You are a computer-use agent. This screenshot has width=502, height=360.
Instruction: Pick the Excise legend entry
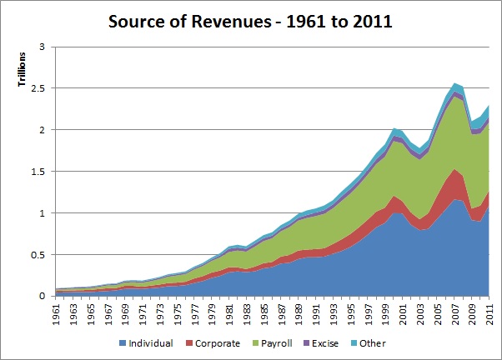[x=324, y=342]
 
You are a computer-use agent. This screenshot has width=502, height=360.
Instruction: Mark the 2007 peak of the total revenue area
[x=454, y=83]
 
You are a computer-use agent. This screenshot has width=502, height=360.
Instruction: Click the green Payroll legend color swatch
[x=254, y=342]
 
